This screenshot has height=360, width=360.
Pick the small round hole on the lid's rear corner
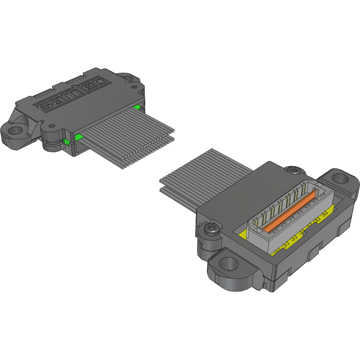click(x=134, y=86)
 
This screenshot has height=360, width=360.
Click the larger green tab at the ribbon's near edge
click(x=78, y=137)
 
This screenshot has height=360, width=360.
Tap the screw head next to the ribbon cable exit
click(x=293, y=169)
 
